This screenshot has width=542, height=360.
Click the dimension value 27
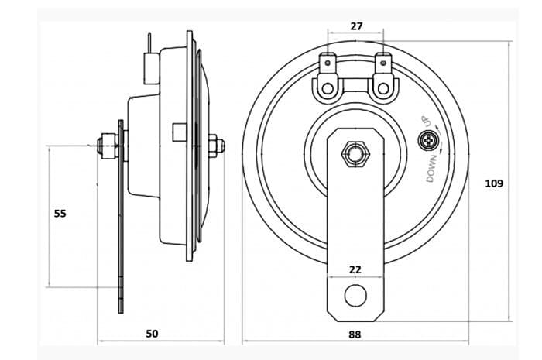(x=356, y=26)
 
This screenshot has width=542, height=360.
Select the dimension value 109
(x=493, y=183)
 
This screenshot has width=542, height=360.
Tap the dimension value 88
(x=355, y=334)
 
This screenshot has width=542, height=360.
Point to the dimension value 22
(x=355, y=269)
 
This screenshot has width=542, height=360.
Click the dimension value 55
(x=60, y=213)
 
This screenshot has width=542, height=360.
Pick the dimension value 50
(x=152, y=334)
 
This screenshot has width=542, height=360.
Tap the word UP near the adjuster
(x=425, y=122)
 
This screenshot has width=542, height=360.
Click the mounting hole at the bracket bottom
(x=355, y=295)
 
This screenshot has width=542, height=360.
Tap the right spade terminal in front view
(x=382, y=62)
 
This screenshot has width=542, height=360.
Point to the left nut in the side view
(x=105, y=145)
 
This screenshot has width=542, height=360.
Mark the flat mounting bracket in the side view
(x=121, y=225)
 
